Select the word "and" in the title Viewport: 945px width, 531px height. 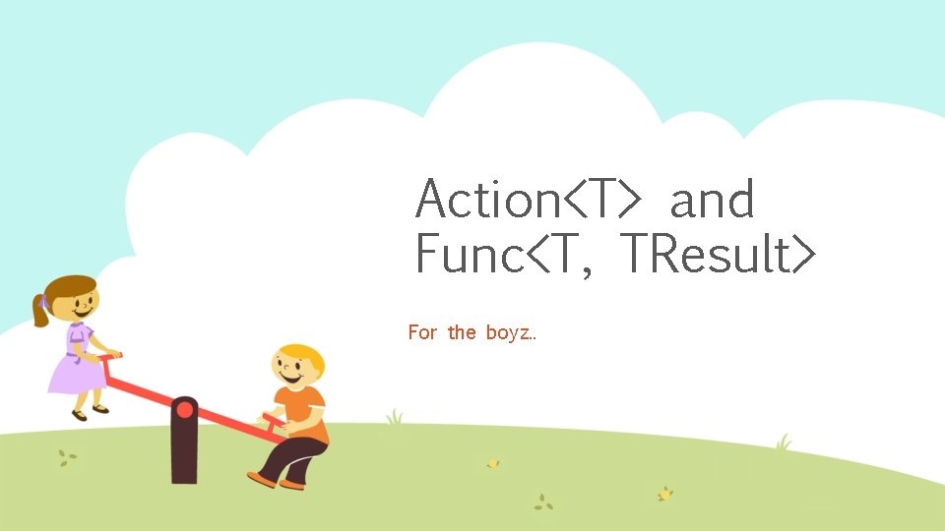click(x=712, y=200)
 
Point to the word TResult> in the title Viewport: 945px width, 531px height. click(x=719, y=255)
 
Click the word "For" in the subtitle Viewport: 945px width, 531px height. click(x=422, y=332)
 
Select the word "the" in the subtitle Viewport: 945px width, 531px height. click(x=461, y=332)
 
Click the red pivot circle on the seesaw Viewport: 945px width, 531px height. click(x=184, y=409)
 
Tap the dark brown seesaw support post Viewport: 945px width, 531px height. click(x=184, y=452)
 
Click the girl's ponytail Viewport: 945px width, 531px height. click(x=40, y=311)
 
